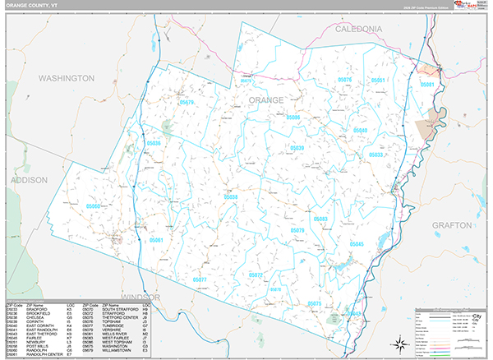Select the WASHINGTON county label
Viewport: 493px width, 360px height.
[67, 77]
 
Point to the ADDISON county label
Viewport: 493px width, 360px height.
[30, 178]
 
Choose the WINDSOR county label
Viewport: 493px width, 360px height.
[123, 295]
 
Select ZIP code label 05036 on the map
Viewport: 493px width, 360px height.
[154, 144]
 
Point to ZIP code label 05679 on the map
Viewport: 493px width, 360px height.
[187, 103]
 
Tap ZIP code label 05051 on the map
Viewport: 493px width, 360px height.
[378, 80]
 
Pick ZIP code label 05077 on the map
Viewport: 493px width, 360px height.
[200, 280]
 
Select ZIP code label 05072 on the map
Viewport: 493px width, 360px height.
[256, 275]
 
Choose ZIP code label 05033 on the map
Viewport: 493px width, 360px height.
[376, 155]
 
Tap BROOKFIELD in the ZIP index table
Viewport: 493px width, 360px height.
[39, 313]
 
